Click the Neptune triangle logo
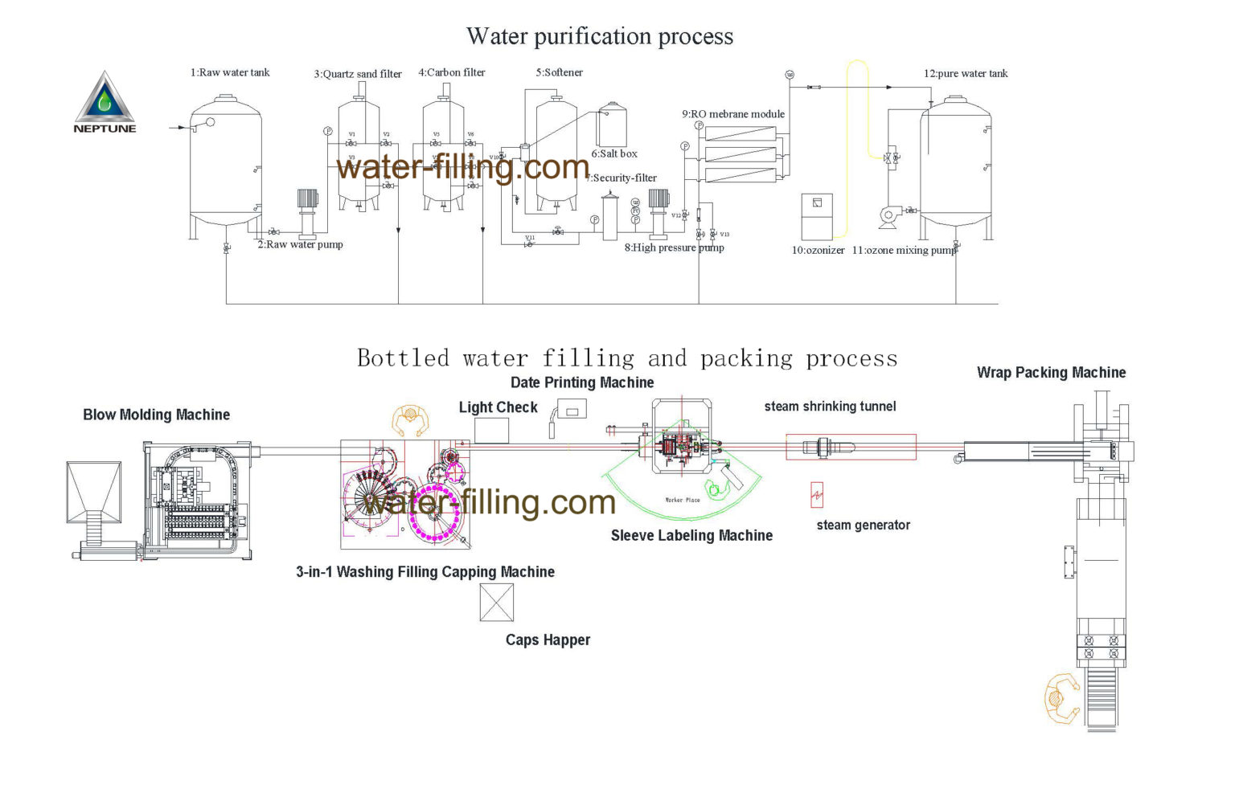click(105, 98)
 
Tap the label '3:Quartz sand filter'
click(358, 74)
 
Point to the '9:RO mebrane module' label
click(733, 114)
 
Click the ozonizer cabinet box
click(817, 215)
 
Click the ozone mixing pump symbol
click(888, 215)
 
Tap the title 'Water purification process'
click(600, 36)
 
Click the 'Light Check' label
click(498, 407)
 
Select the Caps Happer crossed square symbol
click(496, 602)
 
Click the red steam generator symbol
click(817, 495)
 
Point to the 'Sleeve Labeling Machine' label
click(691, 536)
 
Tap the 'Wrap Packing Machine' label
click(1051, 373)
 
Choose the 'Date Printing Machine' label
click(582, 382)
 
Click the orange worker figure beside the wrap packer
click(1061, 699)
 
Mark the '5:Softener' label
click(559, 72)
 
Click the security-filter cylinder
click(609, 217)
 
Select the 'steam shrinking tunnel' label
click(830, 407)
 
